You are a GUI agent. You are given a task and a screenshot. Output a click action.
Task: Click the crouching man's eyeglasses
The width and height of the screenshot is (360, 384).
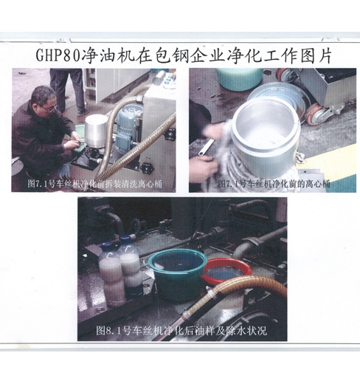pos(49,108)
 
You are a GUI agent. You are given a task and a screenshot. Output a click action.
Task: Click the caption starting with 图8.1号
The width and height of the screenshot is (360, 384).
pos(181,330)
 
